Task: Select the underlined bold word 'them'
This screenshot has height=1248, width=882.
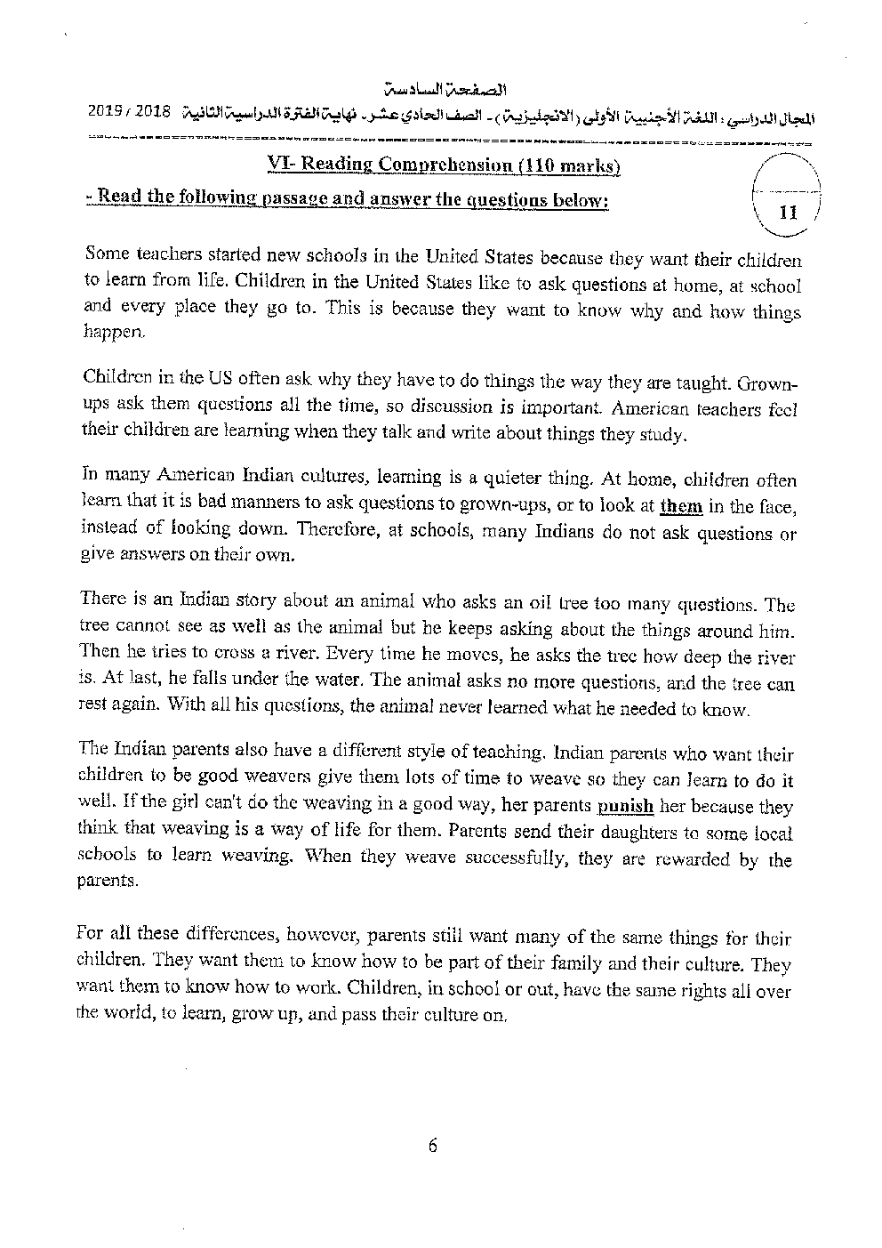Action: click(x=681, y=507)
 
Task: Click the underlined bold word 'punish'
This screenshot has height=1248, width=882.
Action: click(x=625, y=807)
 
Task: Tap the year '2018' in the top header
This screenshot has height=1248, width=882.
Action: click(x=154, y=115)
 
